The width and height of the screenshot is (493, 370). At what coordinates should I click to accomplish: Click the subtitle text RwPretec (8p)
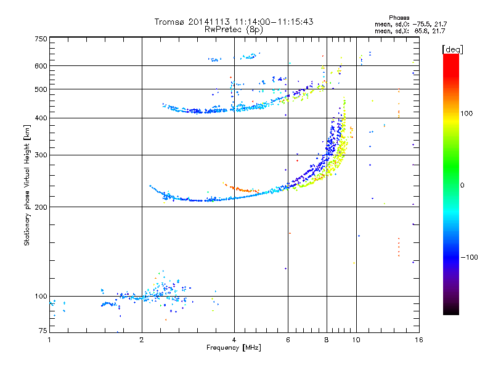(x=234, y=30)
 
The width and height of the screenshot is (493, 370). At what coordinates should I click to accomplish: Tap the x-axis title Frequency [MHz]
(x=234, y=348)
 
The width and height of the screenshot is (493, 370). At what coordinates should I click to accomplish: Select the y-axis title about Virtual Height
(x=27, y=186)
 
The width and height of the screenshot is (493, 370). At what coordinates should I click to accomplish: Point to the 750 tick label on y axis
(x=41, y=39)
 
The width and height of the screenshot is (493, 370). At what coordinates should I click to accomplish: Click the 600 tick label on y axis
(x=41, y=66)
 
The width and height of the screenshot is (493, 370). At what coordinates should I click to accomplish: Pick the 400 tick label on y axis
(x=41, y=118)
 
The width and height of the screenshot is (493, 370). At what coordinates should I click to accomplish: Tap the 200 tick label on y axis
(x=41, y=207)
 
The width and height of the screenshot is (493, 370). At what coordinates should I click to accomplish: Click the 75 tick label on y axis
(x=43, y=331)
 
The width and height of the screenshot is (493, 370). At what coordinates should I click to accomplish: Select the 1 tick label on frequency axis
(x=49, y=340)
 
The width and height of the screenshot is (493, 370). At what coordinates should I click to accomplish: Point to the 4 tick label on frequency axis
(x=234, y=340)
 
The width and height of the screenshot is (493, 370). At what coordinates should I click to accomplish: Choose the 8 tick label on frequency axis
(x=327, y=340)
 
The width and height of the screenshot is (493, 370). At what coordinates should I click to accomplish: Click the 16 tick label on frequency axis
(x=419, y=340)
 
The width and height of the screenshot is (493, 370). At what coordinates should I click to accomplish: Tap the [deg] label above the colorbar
(x=452, y=49)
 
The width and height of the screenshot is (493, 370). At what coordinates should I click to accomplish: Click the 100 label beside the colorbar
(x=467, y=113)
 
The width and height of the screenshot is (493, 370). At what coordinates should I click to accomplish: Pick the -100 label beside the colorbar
(x=470, y=257)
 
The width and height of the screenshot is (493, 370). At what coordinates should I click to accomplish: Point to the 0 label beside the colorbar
(x=462, y=186)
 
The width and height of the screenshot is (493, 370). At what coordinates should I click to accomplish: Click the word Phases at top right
(x=399, y=18)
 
